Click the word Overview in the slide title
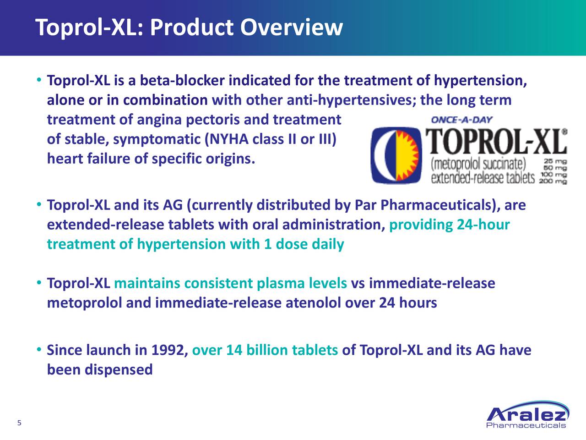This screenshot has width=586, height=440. [x=292, y=27]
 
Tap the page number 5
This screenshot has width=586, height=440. [x=19, y=423]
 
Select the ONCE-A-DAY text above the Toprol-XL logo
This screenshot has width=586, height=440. [x=462, y=120]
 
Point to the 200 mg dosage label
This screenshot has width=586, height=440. [x=553, y=181]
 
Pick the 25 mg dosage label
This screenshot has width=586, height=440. [x=556, y=162]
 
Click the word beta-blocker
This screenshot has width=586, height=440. [x=182, y=80]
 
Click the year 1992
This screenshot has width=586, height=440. [x=169, y=350]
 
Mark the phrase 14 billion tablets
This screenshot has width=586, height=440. [x=282, y=350]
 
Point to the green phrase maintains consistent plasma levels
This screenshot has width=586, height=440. [x=231, y=284]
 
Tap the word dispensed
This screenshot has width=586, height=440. [x=119, y=370]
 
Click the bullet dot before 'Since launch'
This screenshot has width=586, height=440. [x=39, y=349]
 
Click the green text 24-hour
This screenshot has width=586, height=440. [x=483, y=225]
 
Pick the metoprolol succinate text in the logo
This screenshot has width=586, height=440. [x=478, y=165]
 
